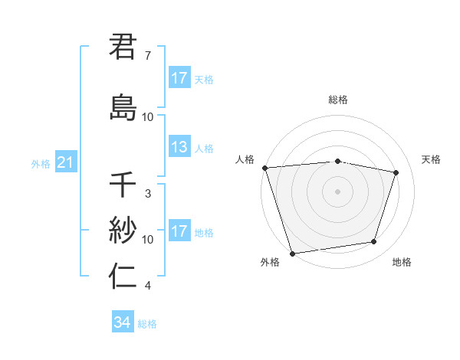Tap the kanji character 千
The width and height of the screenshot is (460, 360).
click(123, 185)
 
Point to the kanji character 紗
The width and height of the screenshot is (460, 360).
click(123, 229)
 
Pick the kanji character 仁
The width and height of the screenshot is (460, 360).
click(123, 276)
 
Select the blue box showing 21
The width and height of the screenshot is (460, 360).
click(65, 163)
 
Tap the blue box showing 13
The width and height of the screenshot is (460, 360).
click(179, 148)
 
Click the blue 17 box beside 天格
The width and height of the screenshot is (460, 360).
click(179, 78)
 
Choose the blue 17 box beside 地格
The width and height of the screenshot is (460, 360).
click(179, 232)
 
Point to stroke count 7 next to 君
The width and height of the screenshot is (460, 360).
click(148, 56)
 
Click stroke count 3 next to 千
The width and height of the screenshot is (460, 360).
click(148, 194)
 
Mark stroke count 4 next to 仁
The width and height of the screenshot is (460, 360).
click(148, 286)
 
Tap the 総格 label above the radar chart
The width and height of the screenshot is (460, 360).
click(338, 100)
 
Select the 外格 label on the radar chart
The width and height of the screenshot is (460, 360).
click(270, 263)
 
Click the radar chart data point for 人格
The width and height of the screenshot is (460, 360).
click(264, 168)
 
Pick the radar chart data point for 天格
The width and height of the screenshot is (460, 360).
click(396, 172)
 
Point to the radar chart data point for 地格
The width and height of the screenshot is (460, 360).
click(374, 242)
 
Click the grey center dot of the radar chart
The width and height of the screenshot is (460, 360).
click(338, 191)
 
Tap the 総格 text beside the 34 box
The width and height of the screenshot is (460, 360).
click(147, 324)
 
